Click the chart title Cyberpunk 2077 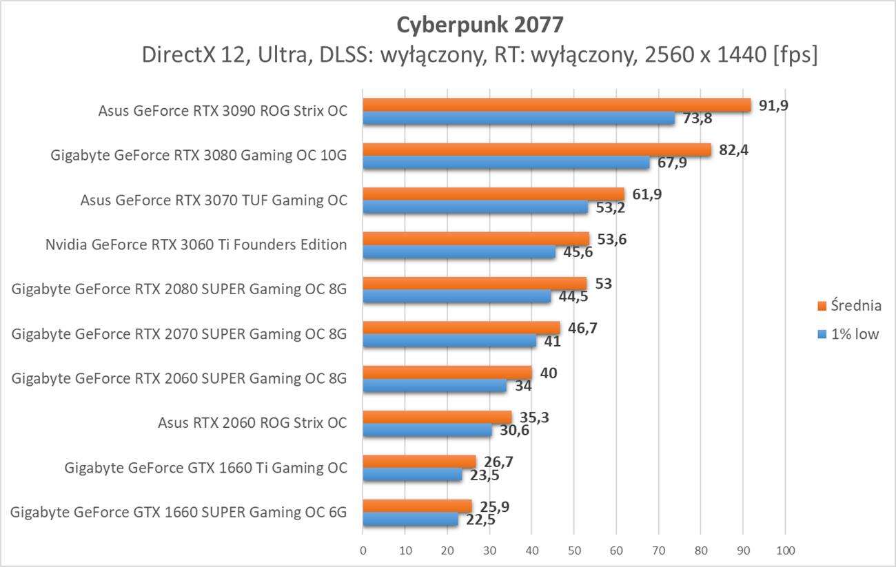[480, 25]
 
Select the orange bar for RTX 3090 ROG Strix [556, 105]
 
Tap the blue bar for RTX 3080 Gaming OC [506, 163]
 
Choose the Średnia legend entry [852, 305]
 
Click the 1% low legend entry [852, 336]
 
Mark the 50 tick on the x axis [573, 550]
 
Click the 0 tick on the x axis [363, 550]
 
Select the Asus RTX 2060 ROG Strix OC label [252, 423]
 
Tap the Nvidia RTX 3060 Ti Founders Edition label [196, 245]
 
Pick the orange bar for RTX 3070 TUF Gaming [493, 194]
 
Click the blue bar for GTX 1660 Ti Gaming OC [412, 475]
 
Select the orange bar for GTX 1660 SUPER [417, 506]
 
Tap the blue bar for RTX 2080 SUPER [456, 296]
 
